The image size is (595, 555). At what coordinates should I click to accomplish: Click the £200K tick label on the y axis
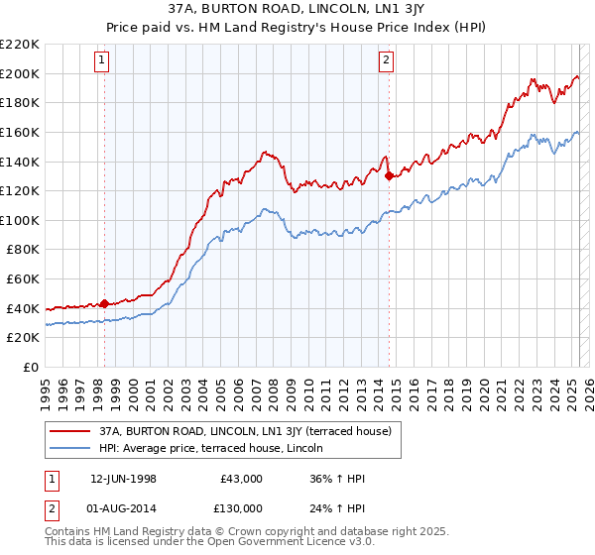click(20, 73)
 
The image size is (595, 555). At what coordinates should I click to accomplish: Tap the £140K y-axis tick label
click(20, 162)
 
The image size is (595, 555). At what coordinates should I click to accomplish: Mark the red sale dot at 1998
click(104, 303)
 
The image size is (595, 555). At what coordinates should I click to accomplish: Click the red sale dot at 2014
click(388, 175)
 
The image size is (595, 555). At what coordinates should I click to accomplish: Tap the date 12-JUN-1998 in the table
click(124, 480)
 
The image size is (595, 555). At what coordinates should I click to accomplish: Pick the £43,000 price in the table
click(242, 480)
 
